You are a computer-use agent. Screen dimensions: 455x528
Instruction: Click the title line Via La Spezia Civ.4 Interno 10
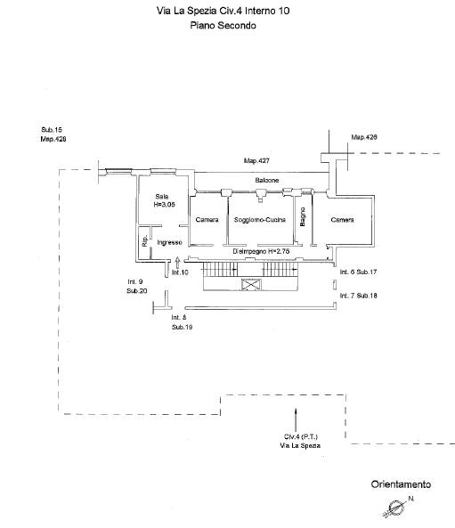coord(223,11)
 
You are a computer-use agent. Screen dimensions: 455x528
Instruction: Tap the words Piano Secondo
coord(223,25)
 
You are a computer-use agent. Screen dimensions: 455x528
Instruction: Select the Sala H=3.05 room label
coord(164,200)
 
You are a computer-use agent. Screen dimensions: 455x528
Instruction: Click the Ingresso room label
coord(169,242)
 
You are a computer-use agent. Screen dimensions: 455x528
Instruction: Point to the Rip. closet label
coord(145,240)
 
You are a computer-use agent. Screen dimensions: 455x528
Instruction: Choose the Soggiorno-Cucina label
coord(260,220)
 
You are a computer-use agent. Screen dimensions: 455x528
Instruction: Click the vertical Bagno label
coord(303,216)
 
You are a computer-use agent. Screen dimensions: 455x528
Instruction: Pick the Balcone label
coord(267,181)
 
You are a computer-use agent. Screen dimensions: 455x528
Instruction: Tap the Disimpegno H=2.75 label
coord(261,251)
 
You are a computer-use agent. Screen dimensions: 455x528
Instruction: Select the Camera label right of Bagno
coord(342,220)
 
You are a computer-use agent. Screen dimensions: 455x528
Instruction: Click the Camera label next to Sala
coord(207,220)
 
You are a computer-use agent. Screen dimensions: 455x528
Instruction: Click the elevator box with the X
coord(251,285)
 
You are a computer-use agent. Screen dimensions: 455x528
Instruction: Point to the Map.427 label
coord(256,161)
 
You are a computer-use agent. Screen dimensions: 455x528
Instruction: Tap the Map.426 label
coord(364,137)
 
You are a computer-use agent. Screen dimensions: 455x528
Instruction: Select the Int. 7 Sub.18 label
coord(358,296)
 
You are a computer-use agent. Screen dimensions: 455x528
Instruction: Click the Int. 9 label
coord(135,281)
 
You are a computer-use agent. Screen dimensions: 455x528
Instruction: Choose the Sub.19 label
coord(183,327)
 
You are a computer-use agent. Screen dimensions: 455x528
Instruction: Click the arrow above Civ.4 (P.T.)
coord(296,419)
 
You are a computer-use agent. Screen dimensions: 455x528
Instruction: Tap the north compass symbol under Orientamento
coord(396,508)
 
